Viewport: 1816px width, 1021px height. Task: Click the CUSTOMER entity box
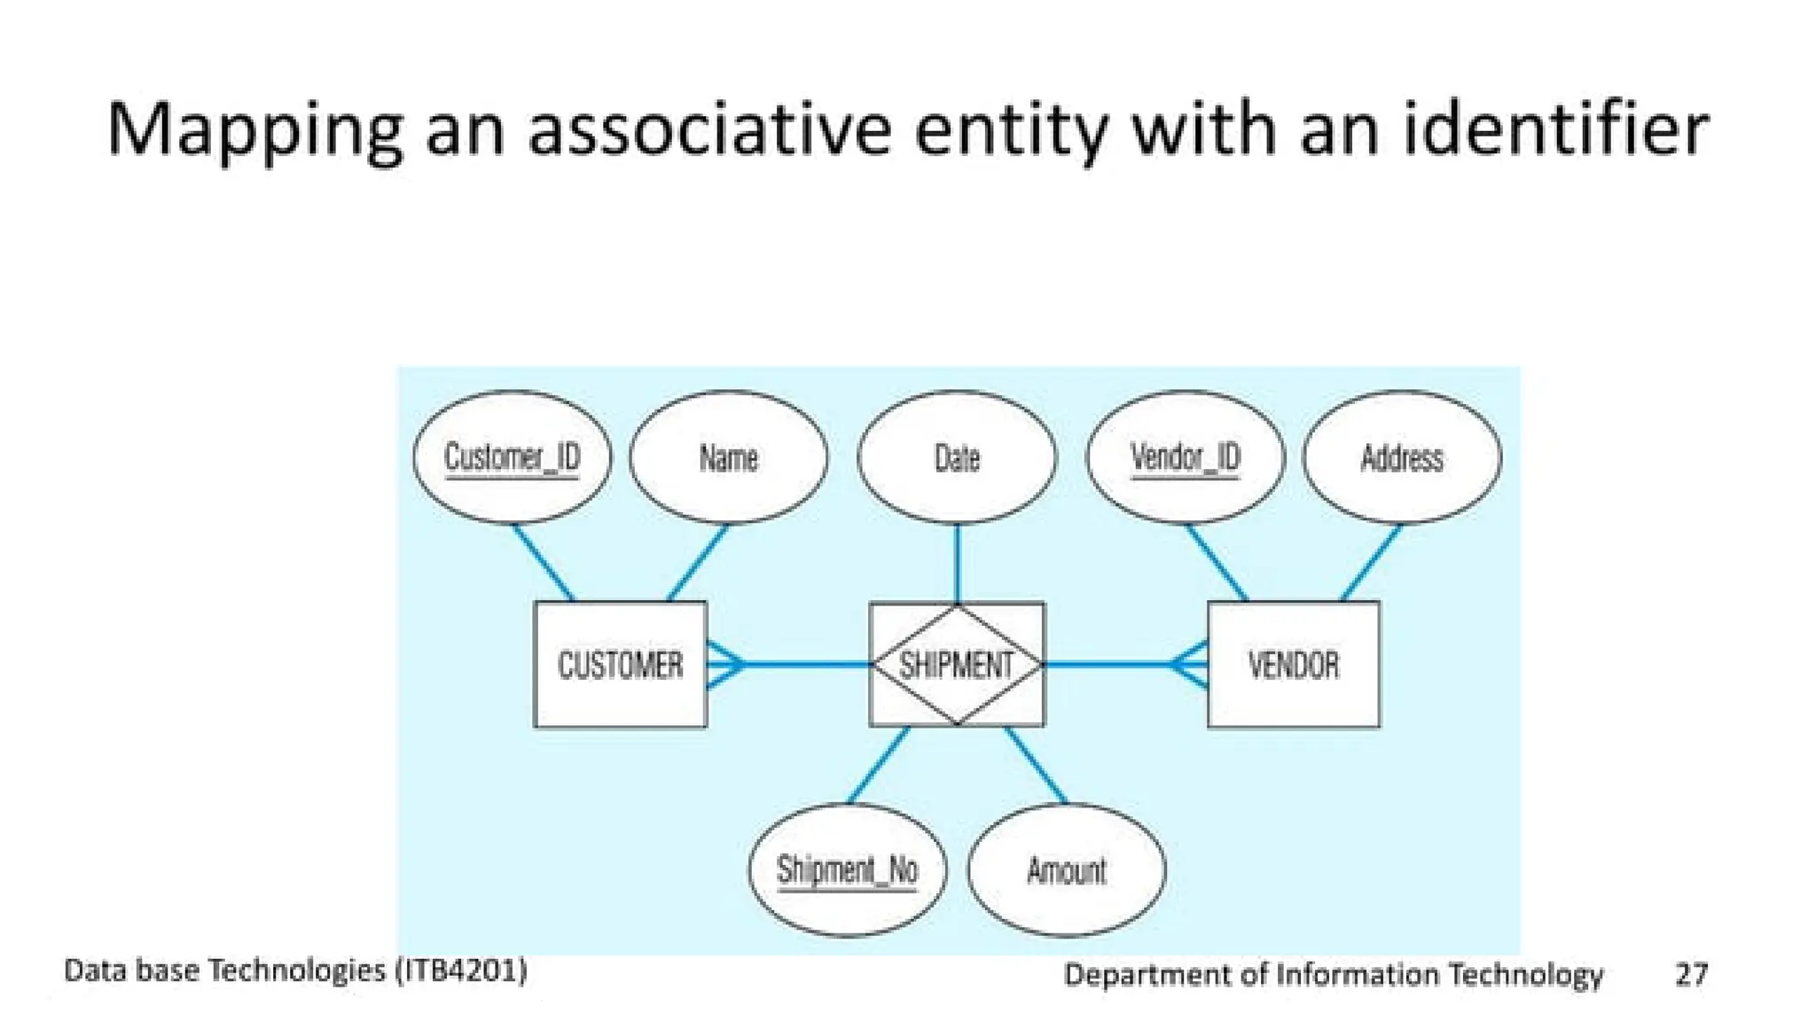point(620,665)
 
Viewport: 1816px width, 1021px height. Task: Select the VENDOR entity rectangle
point(1293,665)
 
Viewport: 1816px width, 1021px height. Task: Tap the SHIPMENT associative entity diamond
point(957,665)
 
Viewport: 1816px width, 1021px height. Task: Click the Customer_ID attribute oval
point(512,457)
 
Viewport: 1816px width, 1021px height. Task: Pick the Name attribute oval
point(728,457)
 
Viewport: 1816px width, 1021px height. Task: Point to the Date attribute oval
point(957,457)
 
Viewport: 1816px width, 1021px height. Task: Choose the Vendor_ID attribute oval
point(1185,457)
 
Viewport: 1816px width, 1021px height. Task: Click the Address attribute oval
point(1402,457)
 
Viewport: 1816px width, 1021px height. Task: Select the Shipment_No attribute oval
point(847,869)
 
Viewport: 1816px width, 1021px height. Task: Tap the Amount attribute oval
point(1066,869)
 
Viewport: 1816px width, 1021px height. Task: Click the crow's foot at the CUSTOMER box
point(725,664)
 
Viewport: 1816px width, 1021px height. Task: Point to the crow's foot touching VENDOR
point(1189,664)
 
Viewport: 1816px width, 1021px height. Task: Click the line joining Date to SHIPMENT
point(957,564)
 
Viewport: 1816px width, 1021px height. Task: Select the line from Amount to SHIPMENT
point(1036,765)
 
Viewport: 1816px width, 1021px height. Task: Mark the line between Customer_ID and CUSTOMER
point(543,562)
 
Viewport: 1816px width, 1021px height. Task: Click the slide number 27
point(1691,974)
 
